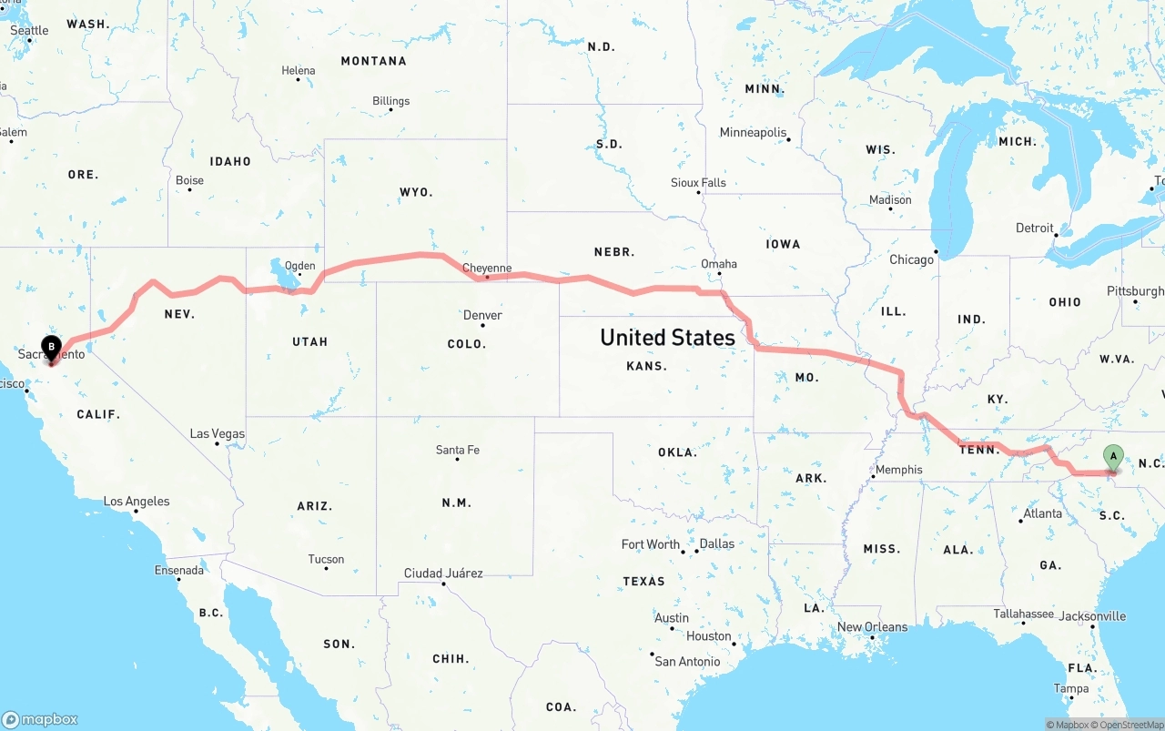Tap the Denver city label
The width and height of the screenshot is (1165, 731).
point(482,316)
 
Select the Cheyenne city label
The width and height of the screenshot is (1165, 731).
point(487,269)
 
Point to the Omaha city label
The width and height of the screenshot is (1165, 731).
point(719,264)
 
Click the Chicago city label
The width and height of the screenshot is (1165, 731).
point(911,259)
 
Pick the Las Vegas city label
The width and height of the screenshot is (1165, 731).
point(218,434)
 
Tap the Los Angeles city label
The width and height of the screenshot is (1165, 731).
point(137,502)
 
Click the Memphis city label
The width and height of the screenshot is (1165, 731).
point(898,471)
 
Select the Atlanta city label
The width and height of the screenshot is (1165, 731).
point(1042,513)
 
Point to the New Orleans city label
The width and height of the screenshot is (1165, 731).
point(872,627)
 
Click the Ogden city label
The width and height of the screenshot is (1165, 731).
point(299,267)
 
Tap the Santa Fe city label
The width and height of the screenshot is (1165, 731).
point(457,450)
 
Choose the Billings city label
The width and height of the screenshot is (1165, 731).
point(391,101)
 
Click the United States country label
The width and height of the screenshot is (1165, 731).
point(667,338)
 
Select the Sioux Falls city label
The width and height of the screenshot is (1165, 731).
point(698,183)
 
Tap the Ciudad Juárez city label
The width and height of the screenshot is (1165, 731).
point(443,574)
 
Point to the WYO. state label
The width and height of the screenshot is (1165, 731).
point(416,192)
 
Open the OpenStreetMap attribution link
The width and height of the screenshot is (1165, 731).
point(1131,725)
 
